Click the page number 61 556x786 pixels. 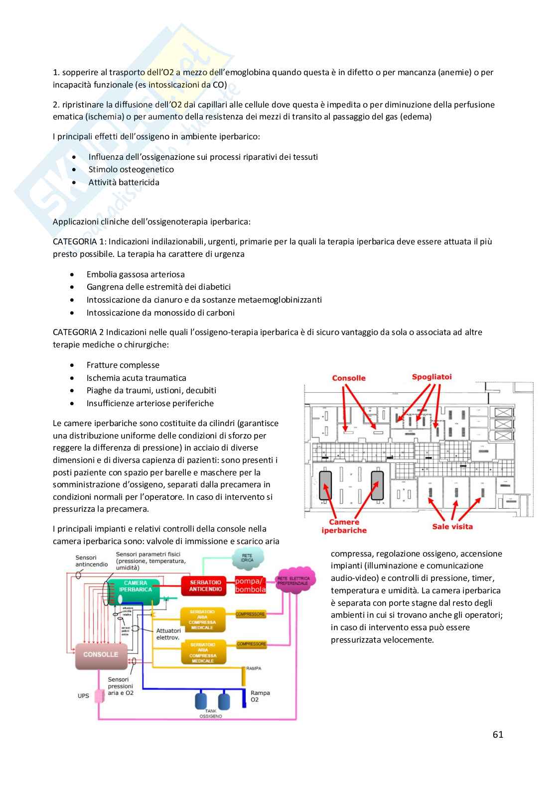coord(498,734)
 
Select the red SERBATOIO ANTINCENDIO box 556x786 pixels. coord(205,586)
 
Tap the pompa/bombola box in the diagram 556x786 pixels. coord(250,585)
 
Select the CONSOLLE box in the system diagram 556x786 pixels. coord(101,655)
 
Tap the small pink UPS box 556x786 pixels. coord(100,695)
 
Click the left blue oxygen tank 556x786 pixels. coord(201,700)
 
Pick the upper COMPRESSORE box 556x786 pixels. coord(251,614)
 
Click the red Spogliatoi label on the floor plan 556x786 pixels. coord(431,377)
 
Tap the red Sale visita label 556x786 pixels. coord(452,526)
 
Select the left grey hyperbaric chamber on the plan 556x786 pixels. coord(325,485)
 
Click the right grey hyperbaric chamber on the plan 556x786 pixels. coord(377,485)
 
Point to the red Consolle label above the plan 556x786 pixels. coord(349,378)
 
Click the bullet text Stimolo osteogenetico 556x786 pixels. coord(131,169)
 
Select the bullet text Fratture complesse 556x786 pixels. coord(123,365)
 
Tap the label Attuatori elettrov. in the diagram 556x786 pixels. coord(168,634)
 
